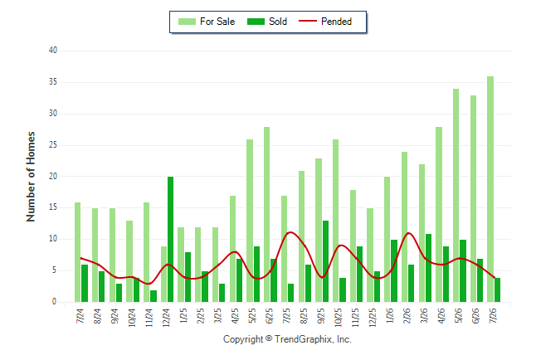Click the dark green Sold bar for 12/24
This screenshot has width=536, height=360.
tap(170, 240)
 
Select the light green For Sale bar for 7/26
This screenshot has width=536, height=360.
tap(490, 189)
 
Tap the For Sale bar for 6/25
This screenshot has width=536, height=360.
tap(266, 214)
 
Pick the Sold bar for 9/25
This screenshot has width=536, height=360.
tap(325, 261)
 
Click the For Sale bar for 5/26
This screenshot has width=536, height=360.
tap(456, 196)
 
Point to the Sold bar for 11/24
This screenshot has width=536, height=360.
tap(153, 296)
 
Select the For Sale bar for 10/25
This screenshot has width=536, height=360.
tap(336, 221)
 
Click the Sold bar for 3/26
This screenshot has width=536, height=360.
tap(428, 268)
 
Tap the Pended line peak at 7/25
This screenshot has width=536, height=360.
tap(290, 232)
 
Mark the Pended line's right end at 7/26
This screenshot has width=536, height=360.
tap(494, 277)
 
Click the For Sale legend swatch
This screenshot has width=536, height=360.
tap(187, 22)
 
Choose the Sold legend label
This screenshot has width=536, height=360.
tap(278, 22)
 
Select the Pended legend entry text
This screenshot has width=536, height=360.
tap(336, 22)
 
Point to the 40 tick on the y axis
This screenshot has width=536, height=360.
tap(53, 51)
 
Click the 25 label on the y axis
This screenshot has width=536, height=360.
tap(53, 145)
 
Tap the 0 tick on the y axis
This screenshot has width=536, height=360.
tap(55, 302)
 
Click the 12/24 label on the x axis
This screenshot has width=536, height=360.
tap(167, 318)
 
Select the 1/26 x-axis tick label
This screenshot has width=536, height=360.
tap(390, 315)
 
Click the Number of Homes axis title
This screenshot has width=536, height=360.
tap(31, 177)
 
